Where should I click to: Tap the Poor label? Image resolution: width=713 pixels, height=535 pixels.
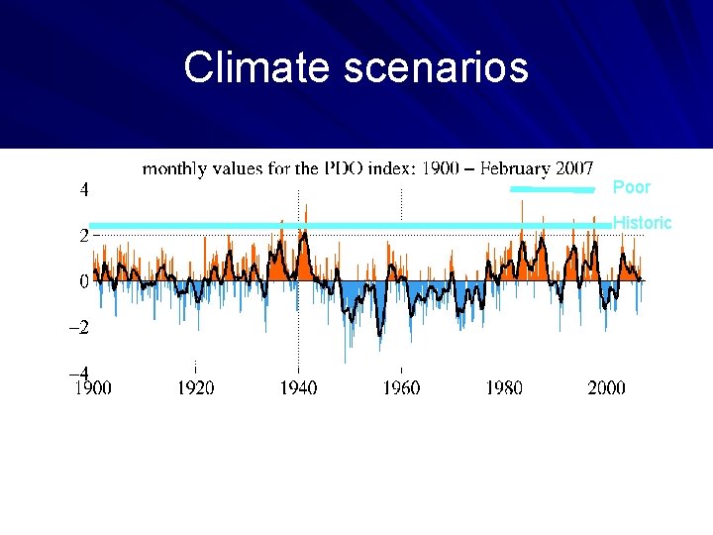(x=631, y=187)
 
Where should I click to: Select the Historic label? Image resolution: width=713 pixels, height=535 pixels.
(x=642, y=223)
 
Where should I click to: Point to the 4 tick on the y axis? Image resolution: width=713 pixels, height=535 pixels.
(x=84, y=188)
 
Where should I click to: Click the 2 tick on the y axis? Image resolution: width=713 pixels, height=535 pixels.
(x=84, y=236)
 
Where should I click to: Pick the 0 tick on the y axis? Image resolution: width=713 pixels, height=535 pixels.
(x=84, y=281)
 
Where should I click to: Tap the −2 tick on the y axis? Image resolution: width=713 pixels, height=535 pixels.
(x=78, y=328)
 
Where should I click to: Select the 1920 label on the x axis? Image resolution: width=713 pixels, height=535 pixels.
(x=195, y=387)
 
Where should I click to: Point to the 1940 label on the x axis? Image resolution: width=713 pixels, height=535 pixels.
(x=298, y=387)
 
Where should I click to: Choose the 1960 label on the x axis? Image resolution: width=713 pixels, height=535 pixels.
(x=401, y=387)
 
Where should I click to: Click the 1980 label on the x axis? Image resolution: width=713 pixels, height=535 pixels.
(x=504, y=387)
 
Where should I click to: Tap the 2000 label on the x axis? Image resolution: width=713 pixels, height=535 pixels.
(x=606, y=387)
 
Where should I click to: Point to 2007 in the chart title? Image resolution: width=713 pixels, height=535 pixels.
(x=573, y=168)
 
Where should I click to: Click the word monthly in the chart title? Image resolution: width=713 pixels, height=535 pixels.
(x=174, y=168)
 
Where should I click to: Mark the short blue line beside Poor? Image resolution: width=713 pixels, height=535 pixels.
(x=552, y=188)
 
